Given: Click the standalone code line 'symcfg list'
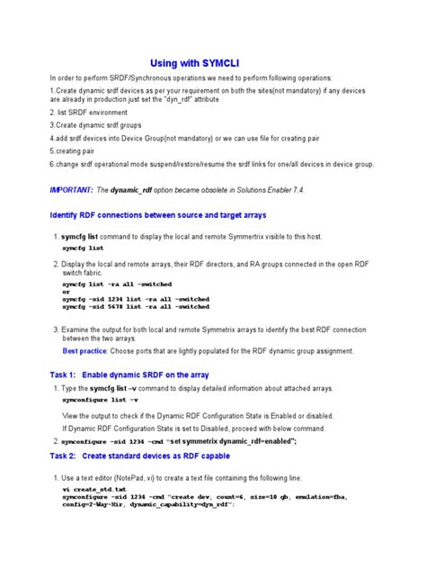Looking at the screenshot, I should click(83, 248).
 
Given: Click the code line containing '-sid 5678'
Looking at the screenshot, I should click(136, 308).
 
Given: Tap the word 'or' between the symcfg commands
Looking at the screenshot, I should click(65, 291).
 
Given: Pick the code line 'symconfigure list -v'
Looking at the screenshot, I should click(100, 397).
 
